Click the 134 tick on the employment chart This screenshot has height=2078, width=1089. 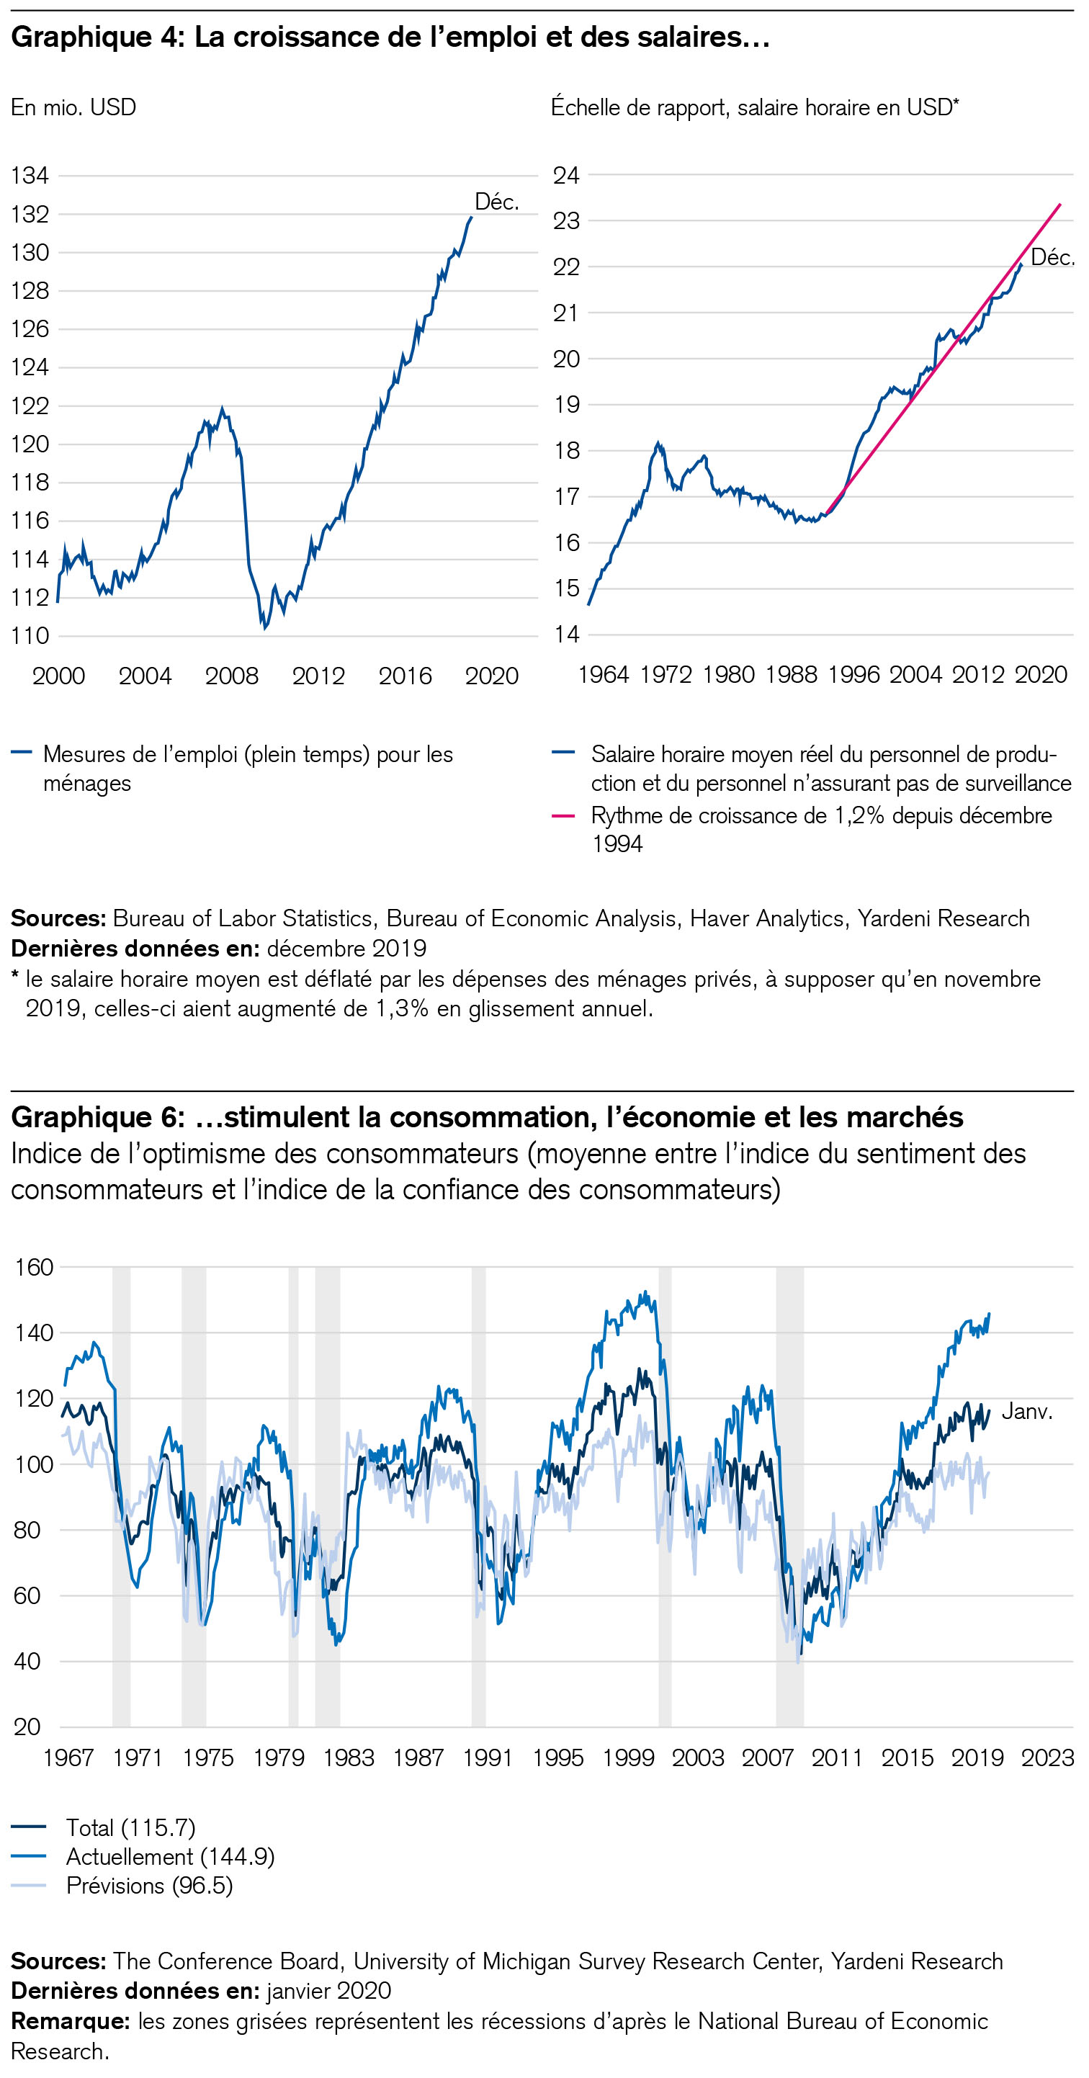[30, 175]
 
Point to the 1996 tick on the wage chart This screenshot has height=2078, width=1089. [853, 673]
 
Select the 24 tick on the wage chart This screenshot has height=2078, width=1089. [565, 175]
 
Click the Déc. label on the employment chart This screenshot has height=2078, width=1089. [496, 202]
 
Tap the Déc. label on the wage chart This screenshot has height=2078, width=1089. [1053, 257]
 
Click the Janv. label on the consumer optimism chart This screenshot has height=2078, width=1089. [1027, 1411]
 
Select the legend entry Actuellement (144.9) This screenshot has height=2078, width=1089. [170, 1856]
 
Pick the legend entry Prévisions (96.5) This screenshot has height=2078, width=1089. [149, 1885]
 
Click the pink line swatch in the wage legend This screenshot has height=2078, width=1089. [563, 815]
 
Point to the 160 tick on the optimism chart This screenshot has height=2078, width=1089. [34, 1266]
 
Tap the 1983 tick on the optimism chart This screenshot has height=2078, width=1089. [349, 1757]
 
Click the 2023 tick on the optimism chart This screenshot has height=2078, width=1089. [1047, 1757]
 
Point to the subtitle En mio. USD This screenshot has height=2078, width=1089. [73, 107]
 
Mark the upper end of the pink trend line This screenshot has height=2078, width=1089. [1060, 204]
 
